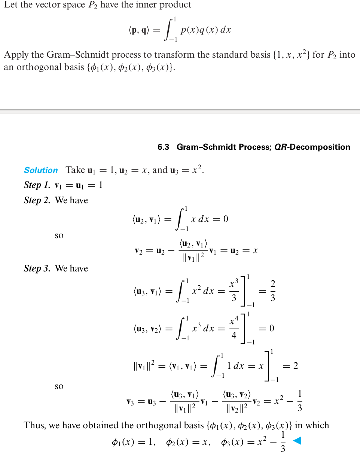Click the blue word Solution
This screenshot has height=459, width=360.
41,170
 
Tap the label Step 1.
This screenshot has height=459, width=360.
37,185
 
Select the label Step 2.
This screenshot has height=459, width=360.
37,200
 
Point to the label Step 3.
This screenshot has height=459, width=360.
37,268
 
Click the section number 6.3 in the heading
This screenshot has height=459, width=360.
163,147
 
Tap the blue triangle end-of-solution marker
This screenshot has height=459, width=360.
296,441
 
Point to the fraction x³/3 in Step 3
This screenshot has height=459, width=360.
234,291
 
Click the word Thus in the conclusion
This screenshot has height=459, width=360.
34,425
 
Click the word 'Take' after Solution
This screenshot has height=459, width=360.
75,170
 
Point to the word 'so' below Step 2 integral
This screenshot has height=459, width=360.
59,236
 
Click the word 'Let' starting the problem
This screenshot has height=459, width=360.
10,5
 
